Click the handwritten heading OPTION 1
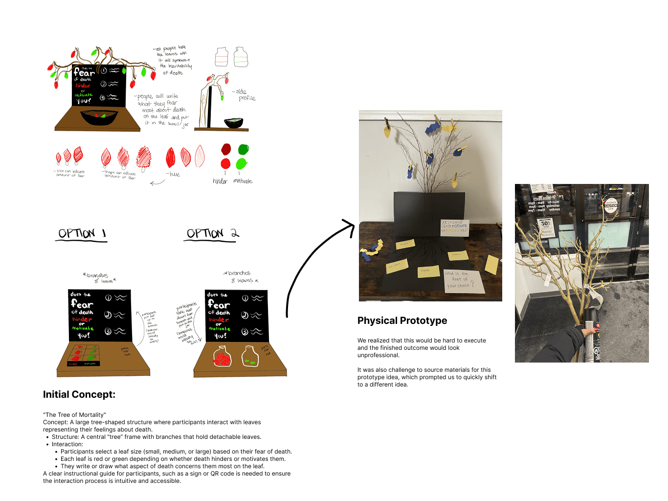click(x=82, y=233)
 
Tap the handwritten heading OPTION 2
click(x=213, y=233)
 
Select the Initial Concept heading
click(x=79, y=395)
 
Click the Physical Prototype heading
click(x=402, y=321)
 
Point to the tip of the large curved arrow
click(x=354, y=226)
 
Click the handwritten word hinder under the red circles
click(x=220, y=181)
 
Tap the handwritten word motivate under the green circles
click(x=243, y=181)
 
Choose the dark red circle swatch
click(x=226, y=149)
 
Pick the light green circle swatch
click(x=242, y=163)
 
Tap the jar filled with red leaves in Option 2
click(x=222, y=356)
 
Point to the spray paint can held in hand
click(x=592, y=338)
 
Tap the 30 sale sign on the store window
click(x=545, y=227)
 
